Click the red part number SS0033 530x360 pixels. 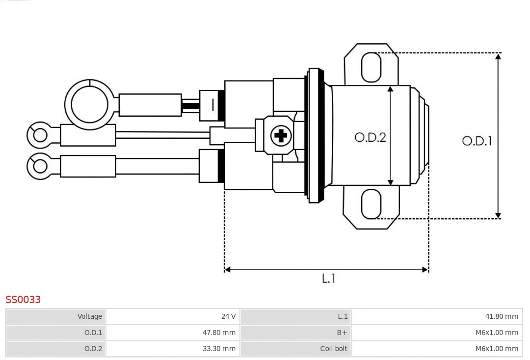23,300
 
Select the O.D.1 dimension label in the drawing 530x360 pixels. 477,141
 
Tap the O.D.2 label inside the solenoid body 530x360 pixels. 370,137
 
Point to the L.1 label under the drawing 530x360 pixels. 328,279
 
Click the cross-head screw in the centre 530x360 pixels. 281,135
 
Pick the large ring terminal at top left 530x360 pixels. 89,104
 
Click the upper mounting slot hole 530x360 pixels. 371,67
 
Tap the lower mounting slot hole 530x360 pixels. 371,204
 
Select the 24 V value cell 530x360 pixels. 228,316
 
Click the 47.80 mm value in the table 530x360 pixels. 219,333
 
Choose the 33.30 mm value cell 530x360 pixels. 219,349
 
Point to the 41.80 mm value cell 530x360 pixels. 502,316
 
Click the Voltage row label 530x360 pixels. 90,316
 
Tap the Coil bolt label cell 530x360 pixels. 334,349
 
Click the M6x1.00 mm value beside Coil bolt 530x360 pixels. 497,349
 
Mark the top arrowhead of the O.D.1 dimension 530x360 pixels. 498,56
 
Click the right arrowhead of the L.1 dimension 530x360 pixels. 425,269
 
